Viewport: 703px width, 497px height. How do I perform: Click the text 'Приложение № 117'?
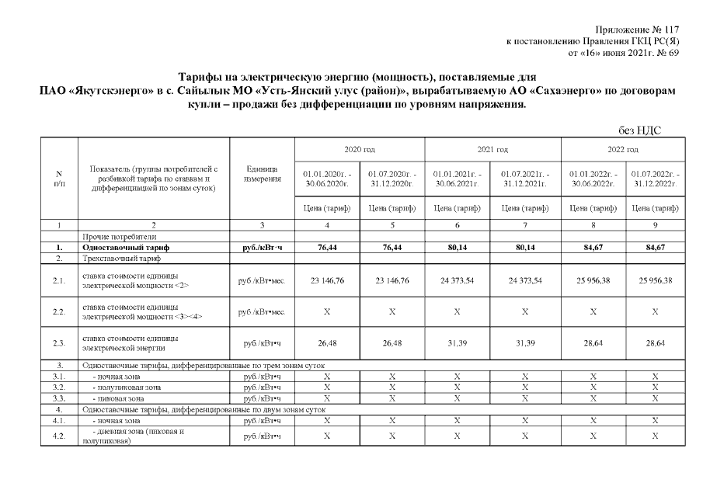(641, 29)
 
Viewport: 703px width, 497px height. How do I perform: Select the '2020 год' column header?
(359, 149)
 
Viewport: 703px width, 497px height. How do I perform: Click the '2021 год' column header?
(492, 149)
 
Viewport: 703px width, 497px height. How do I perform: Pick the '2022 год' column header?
(623, 149)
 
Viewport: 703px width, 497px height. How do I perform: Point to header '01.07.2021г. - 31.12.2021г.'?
(525, 178)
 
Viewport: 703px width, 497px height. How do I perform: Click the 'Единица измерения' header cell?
(262, 178)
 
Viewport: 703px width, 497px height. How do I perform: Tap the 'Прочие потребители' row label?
(115, 237)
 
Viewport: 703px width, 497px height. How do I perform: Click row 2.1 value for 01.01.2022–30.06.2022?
(593, 280)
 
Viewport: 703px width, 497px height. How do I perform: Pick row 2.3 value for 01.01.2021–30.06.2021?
(458, 342)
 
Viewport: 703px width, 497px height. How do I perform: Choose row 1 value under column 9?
(657, 247)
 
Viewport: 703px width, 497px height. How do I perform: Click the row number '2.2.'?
(59, 311)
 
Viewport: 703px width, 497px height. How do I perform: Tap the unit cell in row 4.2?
(262, 436)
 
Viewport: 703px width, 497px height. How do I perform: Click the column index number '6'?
(458, 225)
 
